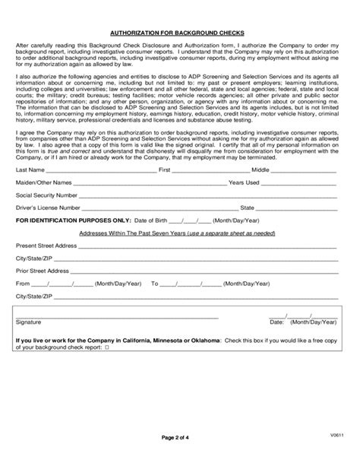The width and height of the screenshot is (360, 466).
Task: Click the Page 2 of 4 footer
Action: click(x=180, y=437)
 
